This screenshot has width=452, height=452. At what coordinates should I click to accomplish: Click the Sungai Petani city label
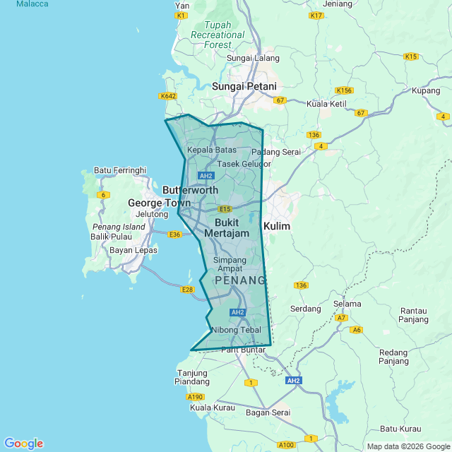[x=244, y=86]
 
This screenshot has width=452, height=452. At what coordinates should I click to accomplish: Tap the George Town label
[x=155, y=203]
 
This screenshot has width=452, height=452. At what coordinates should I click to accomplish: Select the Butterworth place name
[x=190, y=190]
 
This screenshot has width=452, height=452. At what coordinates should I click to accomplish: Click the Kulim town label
[x=276, y=226]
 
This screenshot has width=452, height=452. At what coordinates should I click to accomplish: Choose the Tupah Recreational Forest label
[x=218, y=35]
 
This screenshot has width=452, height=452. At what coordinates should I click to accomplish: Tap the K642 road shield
[x=168, y=96]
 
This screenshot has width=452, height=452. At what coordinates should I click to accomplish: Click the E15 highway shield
[x=225, y=209]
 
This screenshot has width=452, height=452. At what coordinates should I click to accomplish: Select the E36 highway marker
[x=175, y=234]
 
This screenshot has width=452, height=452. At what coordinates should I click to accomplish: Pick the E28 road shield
[x=187, y=290]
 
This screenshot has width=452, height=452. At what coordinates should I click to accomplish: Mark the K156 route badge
[x=344, y=90]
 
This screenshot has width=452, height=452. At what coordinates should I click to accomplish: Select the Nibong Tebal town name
[x=236, y=330]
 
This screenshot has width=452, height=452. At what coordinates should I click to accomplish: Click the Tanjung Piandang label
[x=193, y=377]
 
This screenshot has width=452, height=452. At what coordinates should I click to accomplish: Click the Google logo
[x=23, y=444]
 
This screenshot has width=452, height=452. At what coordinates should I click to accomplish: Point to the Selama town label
[x=347, y=304]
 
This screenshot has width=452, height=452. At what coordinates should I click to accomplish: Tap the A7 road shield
[x=342, y=318]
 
